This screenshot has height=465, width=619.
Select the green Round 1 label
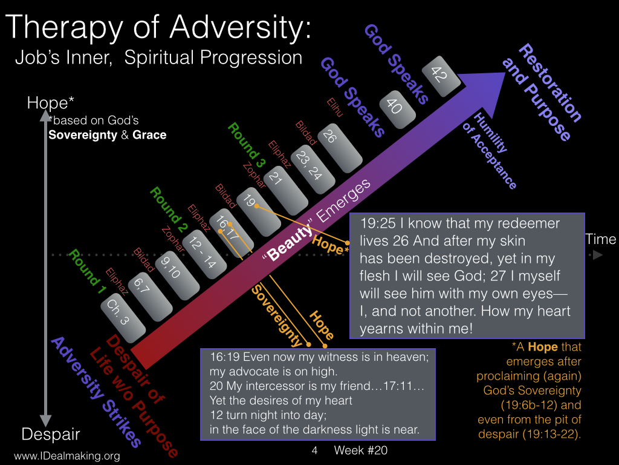coord(87,272)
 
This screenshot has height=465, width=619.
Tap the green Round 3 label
coord(247,145)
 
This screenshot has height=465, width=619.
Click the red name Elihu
coord(335,107)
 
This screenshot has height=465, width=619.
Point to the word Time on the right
coord(600,239)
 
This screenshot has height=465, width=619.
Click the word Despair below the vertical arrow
coord(51,434)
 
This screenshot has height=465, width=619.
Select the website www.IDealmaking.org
coord(67,456)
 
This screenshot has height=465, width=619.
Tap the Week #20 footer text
coord(360,450)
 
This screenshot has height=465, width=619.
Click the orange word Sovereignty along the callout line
coord(277,315)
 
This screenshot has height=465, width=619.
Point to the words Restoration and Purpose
coord(542,92)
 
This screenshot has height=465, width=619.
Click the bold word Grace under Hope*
coord(149,135)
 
